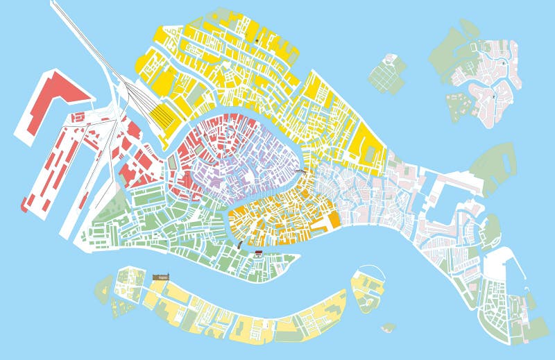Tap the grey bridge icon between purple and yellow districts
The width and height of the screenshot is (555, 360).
click(301, 170)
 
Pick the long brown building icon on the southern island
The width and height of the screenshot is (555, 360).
click(160, 277)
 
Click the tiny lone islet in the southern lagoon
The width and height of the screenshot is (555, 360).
click(388, 327)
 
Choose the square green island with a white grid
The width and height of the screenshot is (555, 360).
click(386, 74)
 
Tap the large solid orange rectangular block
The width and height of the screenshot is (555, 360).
click(334, 220)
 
